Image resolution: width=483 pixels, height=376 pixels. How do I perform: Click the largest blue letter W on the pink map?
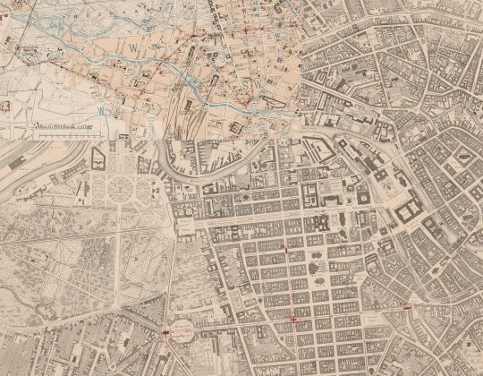(x=134, y=43)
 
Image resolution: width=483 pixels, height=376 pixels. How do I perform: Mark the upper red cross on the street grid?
(x=285, y=250)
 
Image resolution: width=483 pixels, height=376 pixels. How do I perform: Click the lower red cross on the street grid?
(x=294, y=318)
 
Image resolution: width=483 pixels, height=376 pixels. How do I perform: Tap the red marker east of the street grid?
(x=407, y=307)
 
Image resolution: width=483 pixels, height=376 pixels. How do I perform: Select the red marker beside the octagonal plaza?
(x=167, y=332)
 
